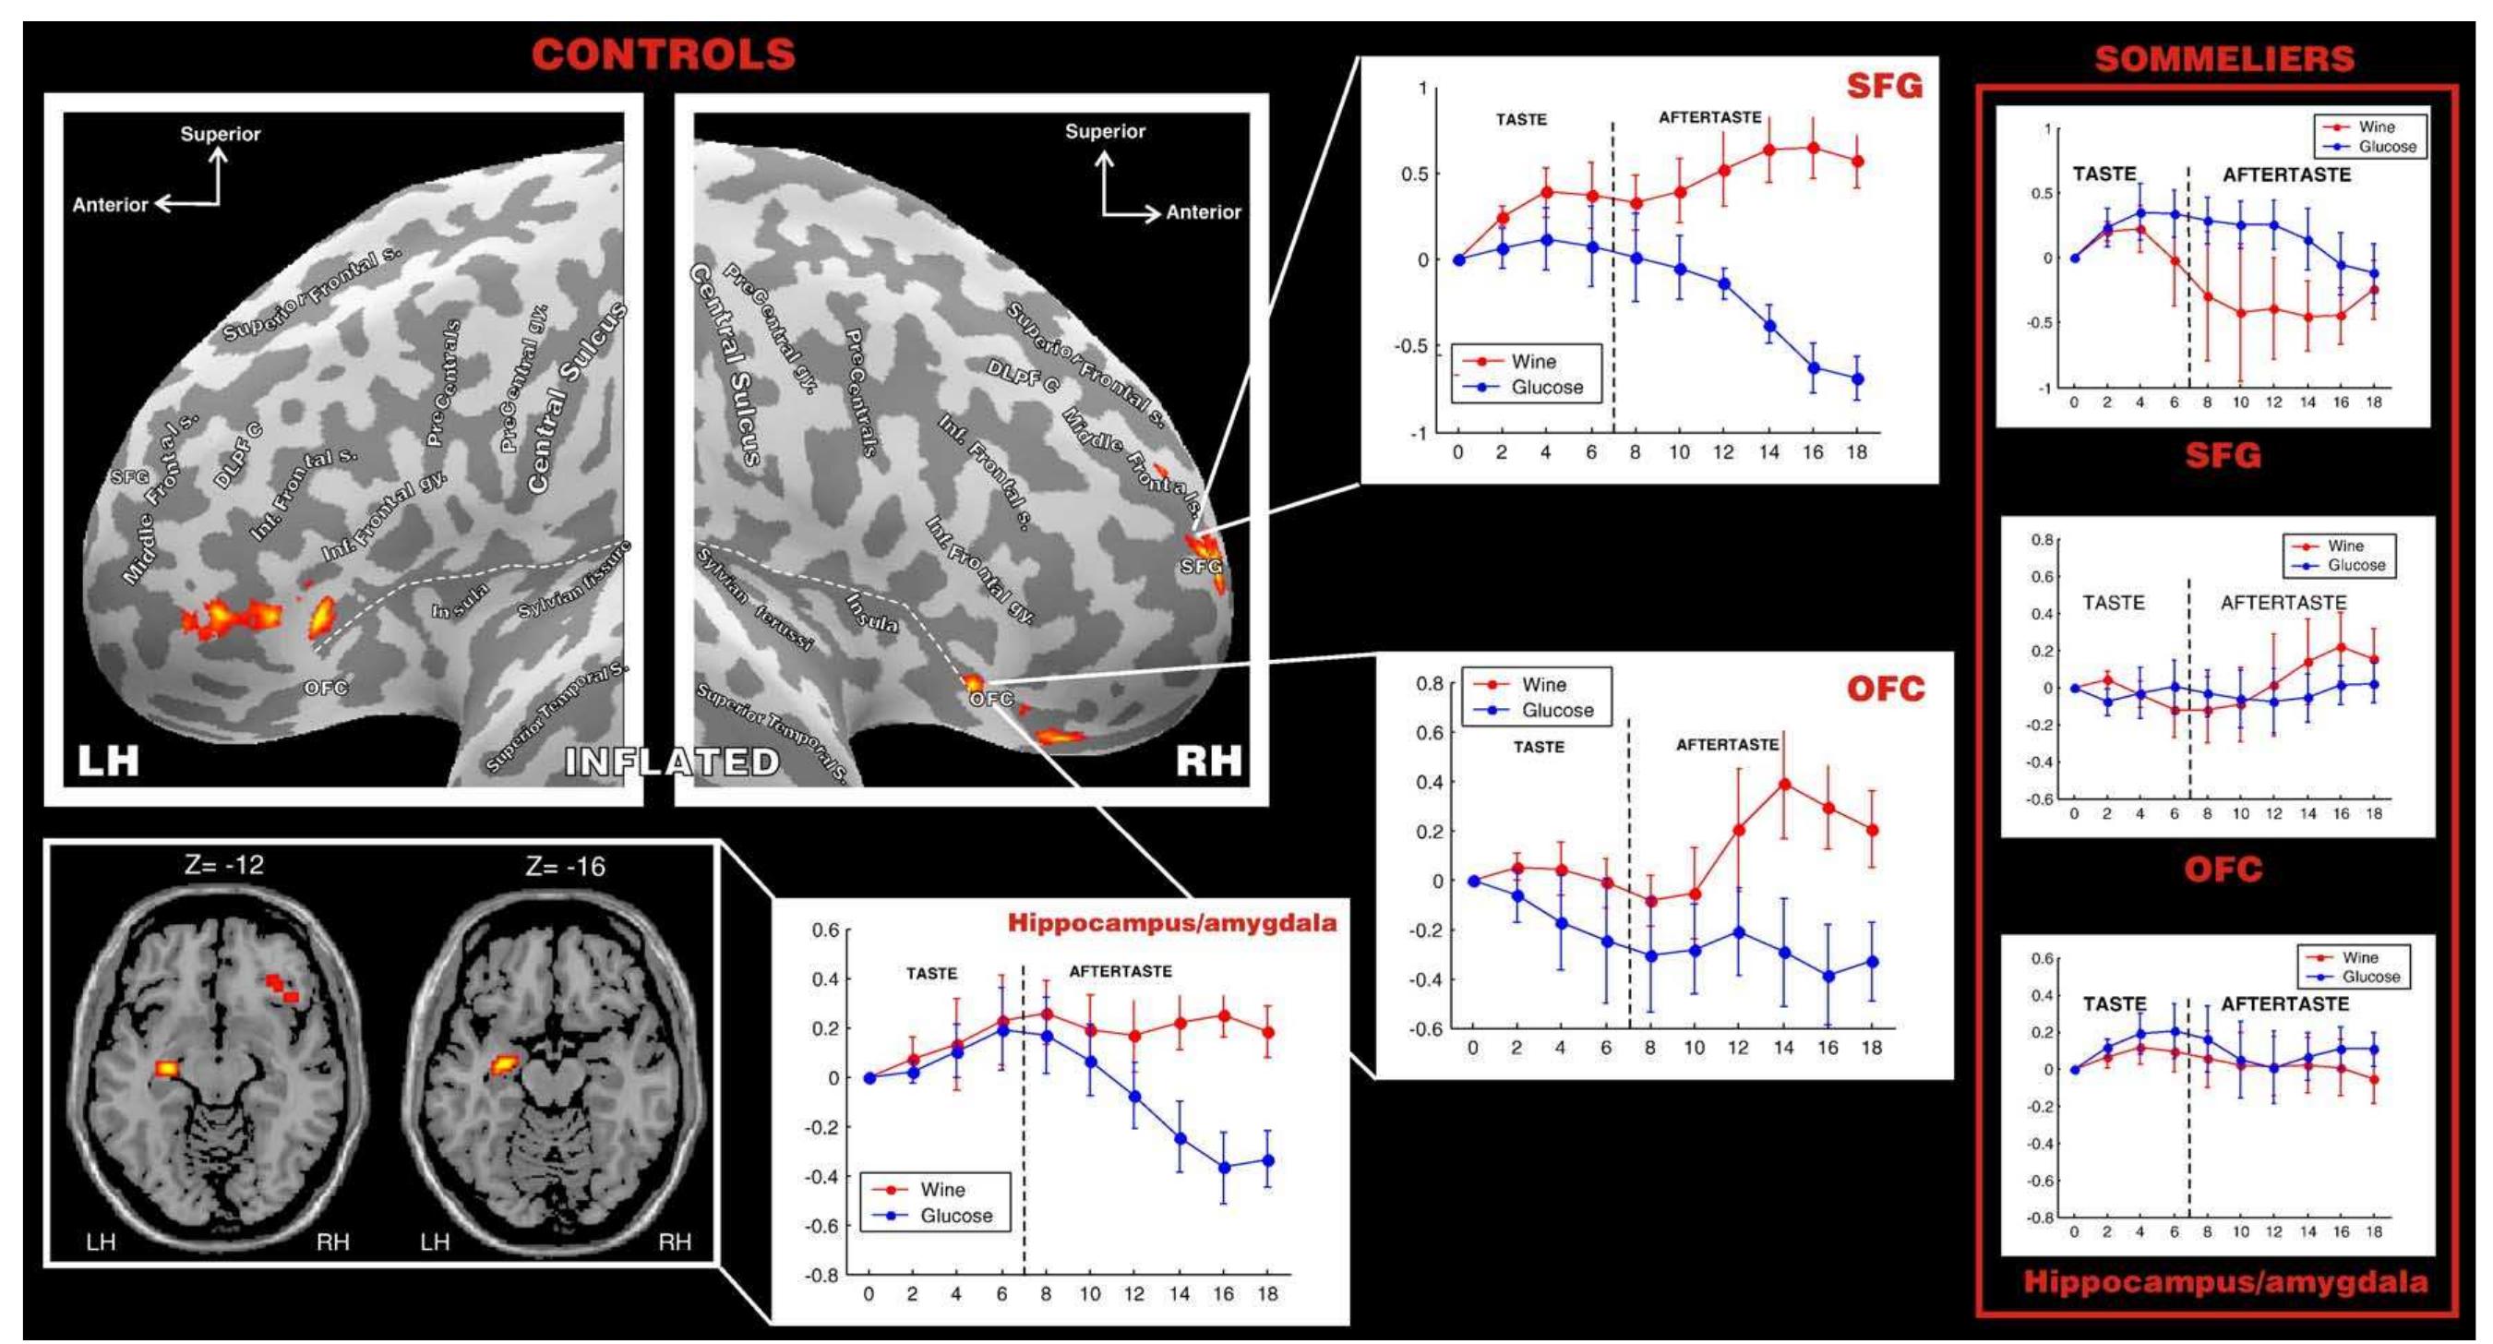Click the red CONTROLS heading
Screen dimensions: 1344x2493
[x=663, y=54]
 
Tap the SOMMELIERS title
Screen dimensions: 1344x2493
[x=2224, y=59]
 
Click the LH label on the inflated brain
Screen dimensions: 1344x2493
[x=108, y=761]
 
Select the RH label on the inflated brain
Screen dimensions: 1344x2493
[x=1208, y=761]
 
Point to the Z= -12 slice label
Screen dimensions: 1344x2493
[x=223, y=865]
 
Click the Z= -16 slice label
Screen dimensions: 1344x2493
[x=565, y=866]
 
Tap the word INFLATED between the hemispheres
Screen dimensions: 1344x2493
[x=672, y=762]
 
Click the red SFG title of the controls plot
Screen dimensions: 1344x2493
[x=1883, y=86]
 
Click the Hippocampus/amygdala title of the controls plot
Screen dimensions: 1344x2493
[x=1172, y=922]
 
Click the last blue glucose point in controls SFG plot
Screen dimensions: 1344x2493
[x=1857, y=379]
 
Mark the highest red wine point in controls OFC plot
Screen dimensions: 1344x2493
[x=1783, y=785]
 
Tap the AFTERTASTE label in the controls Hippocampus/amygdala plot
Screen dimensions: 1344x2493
[x=1120, y=971]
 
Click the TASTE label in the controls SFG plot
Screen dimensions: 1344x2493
[x=1520, y=120]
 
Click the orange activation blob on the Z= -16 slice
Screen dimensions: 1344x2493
[x=504, y=1065]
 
